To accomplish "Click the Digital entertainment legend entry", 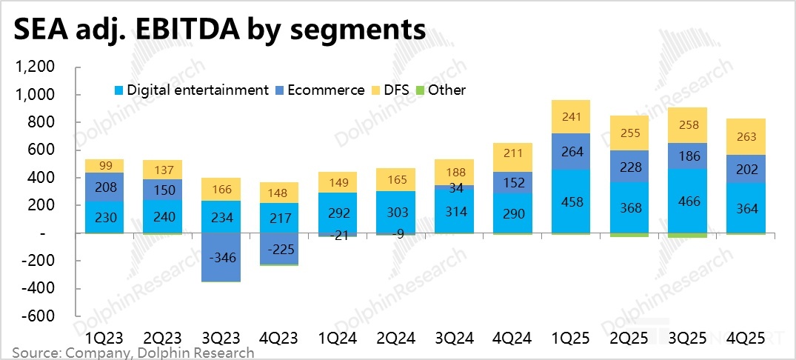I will [197, 90].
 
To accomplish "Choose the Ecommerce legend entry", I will [326, 90].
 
